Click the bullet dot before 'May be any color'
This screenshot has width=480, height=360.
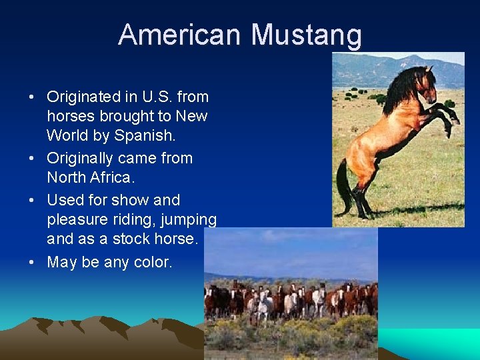pyautogui.click(x=32, y=262)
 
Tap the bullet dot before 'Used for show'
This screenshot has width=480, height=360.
pyautogui.click(x=32, y=200)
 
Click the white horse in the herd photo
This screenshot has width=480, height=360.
pyautogui.click(x=264, y=308)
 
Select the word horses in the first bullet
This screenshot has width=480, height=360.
pyautogui.click(x=70, y=116)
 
